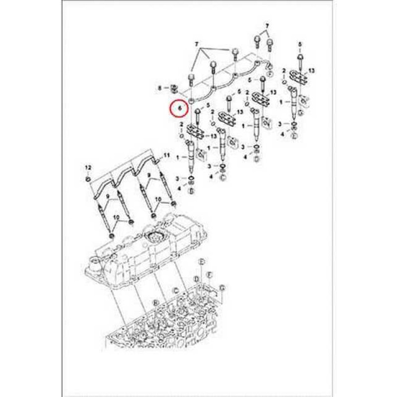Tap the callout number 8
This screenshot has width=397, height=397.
tap(160, 88)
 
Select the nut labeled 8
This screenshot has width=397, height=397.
tap(174, 89)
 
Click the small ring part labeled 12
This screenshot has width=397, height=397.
tap(88, 178)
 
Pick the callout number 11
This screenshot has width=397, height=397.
tap(167, 155)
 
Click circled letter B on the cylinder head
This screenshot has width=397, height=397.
tap(155, 302)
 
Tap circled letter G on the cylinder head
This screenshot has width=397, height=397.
tap(222, 288)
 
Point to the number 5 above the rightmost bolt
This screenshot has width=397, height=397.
tap(299, 45)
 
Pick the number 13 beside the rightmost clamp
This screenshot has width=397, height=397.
tap(312, 71)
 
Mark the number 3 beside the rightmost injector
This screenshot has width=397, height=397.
tap(280, 123)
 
